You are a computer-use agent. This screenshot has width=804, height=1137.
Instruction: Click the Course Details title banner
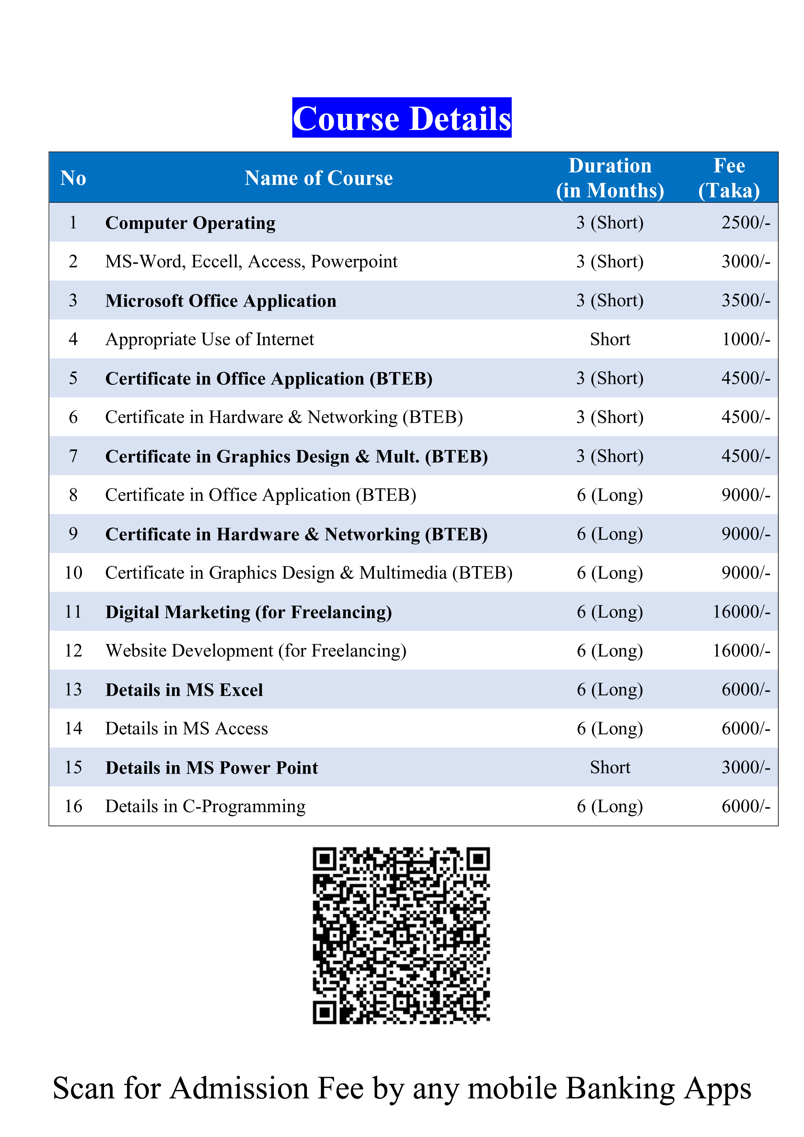click(402, 118)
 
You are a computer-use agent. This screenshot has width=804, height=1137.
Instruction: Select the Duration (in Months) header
click(610, 178)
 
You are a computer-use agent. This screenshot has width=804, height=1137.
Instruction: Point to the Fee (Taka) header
click(729, 178)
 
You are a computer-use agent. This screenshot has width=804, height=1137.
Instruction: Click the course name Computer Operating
click(190, 223)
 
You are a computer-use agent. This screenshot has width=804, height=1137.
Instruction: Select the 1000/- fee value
click(746, 339)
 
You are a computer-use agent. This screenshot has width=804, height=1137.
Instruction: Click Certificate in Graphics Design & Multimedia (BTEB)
click(309, 573)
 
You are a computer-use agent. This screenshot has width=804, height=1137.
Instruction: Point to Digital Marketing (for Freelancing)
click(249, 612)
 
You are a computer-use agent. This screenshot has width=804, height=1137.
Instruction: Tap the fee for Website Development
click(741, 651)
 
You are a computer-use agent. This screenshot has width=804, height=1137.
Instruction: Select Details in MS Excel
click(184, 690)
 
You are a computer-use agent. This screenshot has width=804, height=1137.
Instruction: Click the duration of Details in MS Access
click(610, 728)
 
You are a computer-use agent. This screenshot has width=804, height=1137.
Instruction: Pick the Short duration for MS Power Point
click(610, 768)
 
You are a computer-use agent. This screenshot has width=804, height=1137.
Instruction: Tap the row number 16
click(73, 806)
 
